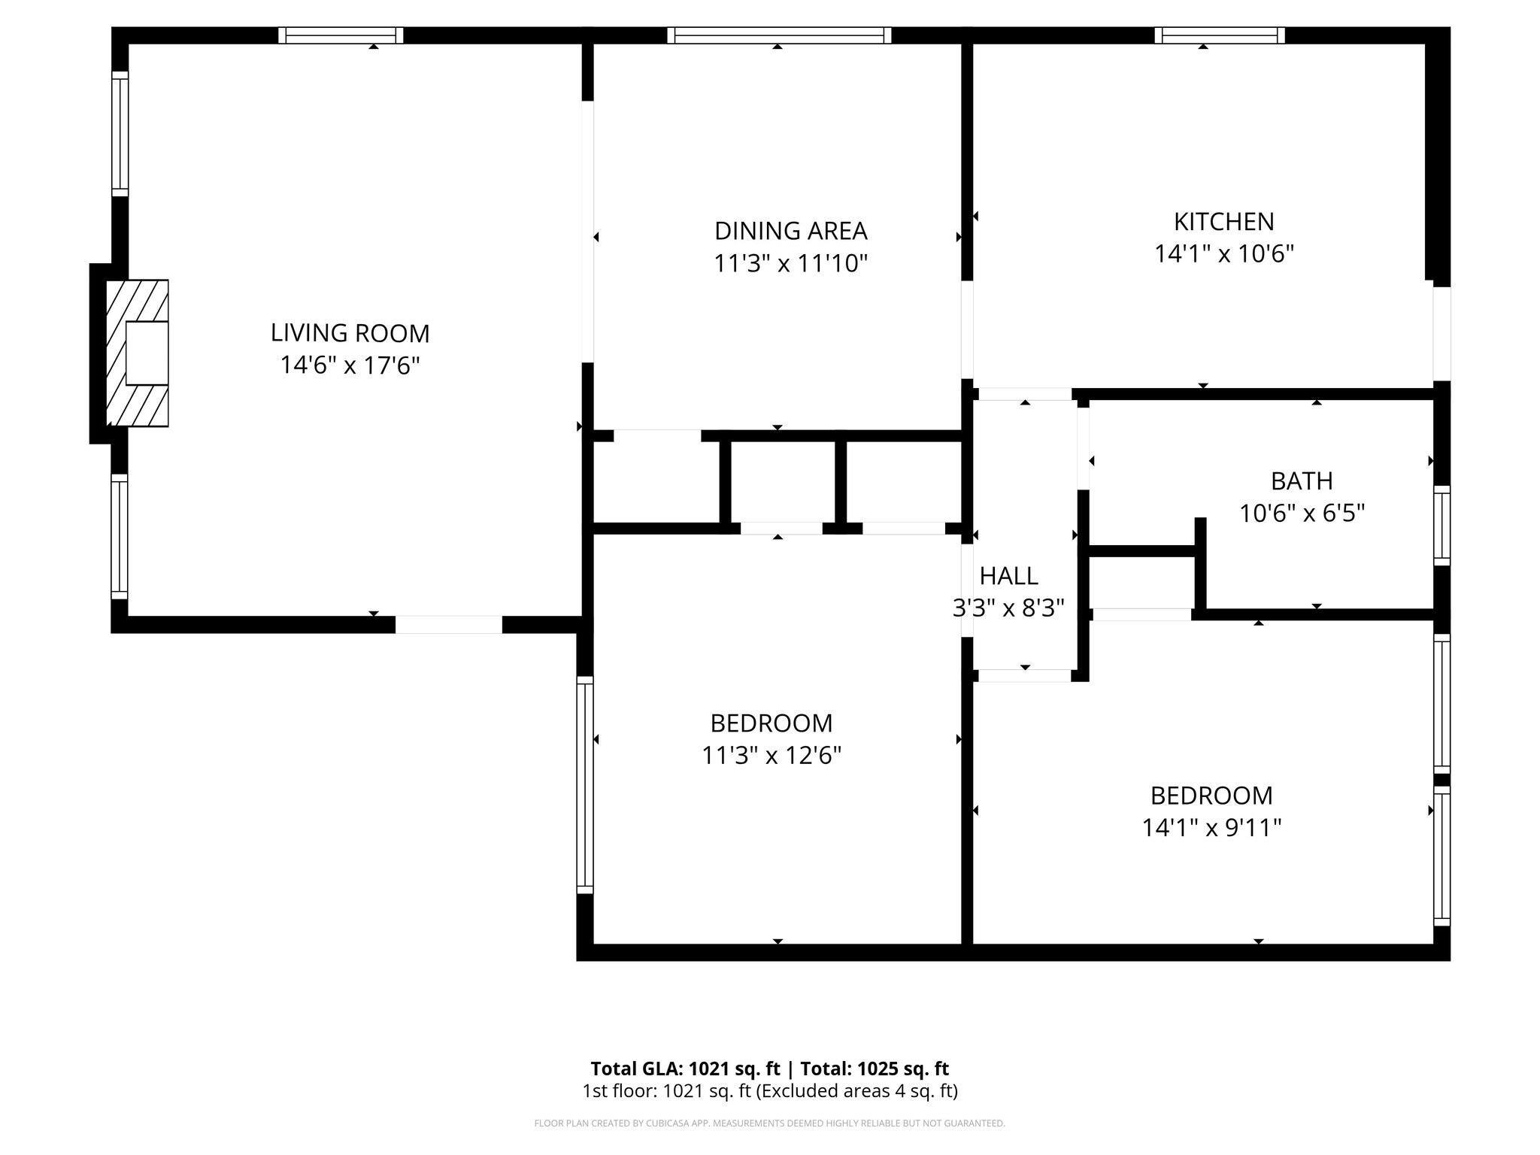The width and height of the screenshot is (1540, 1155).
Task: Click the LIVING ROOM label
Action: (350, 332)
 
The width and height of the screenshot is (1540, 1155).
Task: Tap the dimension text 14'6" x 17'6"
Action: (350, 365)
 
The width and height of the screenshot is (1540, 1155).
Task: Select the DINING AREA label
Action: (790, 230)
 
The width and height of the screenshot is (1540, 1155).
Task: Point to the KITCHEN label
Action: (1223, 221)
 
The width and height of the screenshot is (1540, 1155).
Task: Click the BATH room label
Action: (1301, 480)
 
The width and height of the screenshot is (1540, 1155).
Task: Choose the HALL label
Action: (1008, 575)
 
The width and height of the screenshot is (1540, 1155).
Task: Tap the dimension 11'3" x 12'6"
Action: (771, 755)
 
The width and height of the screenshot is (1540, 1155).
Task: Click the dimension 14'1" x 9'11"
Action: (1211, 827)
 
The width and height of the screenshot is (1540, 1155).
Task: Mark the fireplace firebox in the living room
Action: (147, 353)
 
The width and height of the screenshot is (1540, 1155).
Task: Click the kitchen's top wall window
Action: (1219, 35)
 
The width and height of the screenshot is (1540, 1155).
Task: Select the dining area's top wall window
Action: (778, 35)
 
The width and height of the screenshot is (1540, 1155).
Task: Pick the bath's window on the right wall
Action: (1441, 525)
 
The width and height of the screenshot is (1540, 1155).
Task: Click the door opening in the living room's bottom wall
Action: (448, 624)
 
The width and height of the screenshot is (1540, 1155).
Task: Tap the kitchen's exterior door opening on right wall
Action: (1440, 333)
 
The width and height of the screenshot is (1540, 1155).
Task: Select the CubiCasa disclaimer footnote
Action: (769, 1123)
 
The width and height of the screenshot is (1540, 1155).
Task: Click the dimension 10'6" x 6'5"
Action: (1301, 514)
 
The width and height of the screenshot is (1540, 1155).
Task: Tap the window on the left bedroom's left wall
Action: (584, 784)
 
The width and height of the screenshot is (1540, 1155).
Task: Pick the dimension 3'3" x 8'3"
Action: (1008, 608)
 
